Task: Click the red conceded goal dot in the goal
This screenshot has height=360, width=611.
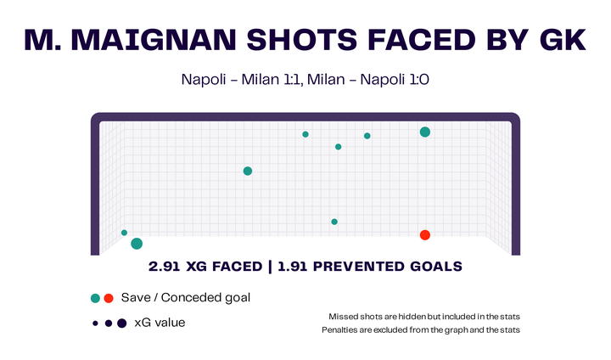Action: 424,235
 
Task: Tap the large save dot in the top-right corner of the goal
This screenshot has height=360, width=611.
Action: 424,132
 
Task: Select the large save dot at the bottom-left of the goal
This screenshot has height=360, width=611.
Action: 137,244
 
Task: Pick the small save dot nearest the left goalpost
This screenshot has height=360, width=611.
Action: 124,233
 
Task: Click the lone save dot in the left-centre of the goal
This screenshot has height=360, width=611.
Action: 248,171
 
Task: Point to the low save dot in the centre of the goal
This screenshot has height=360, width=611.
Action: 334,222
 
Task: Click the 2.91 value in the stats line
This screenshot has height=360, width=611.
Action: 165,267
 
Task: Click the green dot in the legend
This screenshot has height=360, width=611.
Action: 96,298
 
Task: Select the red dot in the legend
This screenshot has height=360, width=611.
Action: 109,298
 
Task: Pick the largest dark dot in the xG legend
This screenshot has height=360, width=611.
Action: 121,323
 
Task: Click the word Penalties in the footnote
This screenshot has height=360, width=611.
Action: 342,329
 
